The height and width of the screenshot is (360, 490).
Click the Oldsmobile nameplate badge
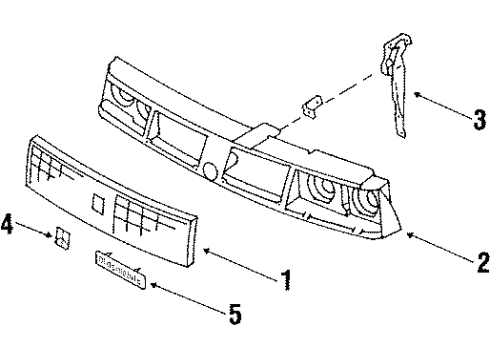pyautogui.click(x=121, y=262)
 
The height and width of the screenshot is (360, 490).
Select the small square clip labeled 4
pyautogui.click(x=62, y=240)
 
